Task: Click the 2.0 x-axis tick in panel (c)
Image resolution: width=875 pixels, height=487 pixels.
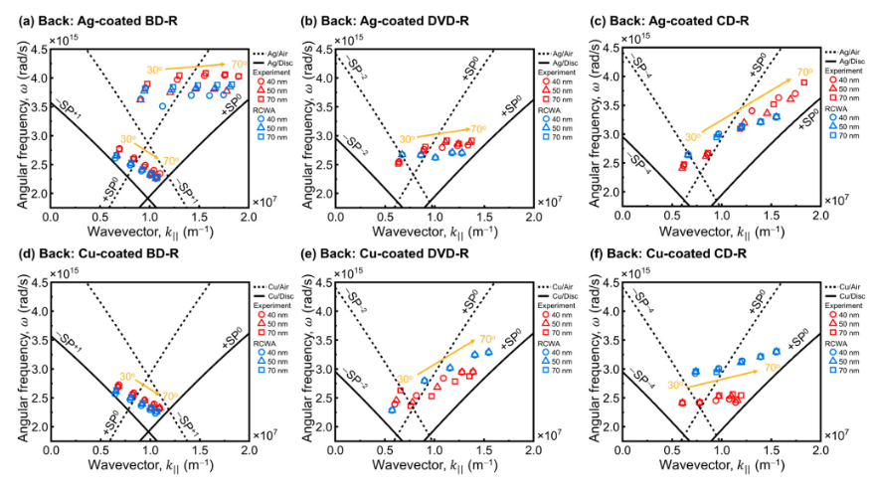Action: [820, 215]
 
